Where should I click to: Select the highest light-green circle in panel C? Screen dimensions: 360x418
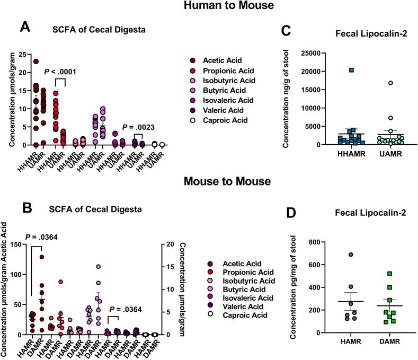(x=361, y=83)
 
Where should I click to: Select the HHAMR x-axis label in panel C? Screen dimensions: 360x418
(x=321, y=153)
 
